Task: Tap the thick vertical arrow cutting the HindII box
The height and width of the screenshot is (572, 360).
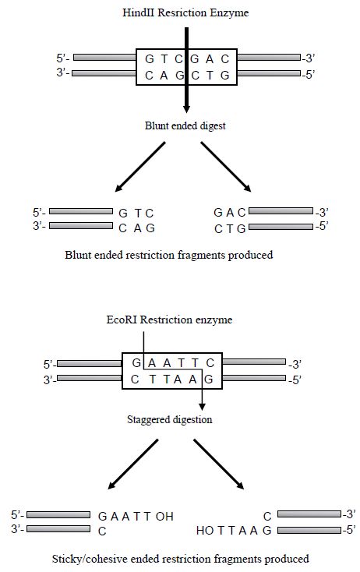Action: click(x=186, y=70)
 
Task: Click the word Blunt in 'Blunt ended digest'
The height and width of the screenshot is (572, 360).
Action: click(x=157, y=125)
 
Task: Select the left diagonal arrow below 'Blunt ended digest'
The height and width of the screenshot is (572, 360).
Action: click(x=140, y=167)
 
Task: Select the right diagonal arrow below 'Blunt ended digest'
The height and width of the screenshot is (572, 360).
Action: click(x=226, y=167)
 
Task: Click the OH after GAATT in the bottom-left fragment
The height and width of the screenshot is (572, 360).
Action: click(x=164, y=516)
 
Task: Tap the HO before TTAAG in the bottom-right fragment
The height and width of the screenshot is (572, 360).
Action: click(x=205, y=531)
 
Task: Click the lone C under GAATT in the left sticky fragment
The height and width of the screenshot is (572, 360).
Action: click(x=102, y=531)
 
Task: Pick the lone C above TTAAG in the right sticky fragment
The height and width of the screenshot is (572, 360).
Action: click(x=267, y=517)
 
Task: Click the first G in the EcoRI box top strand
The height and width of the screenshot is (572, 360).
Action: click(x=136, y=363)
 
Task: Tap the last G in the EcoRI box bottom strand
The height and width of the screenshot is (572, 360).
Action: click(x=208, y=380)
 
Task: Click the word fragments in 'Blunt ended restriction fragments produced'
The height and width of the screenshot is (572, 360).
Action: click(x=201, y=255)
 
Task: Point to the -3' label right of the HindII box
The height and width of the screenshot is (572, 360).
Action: click(x=309, y=58)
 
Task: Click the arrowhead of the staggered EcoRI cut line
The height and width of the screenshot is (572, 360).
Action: click(x=202, y=407)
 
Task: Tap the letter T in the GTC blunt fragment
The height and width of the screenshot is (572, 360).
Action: click(x=137, y=213)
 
